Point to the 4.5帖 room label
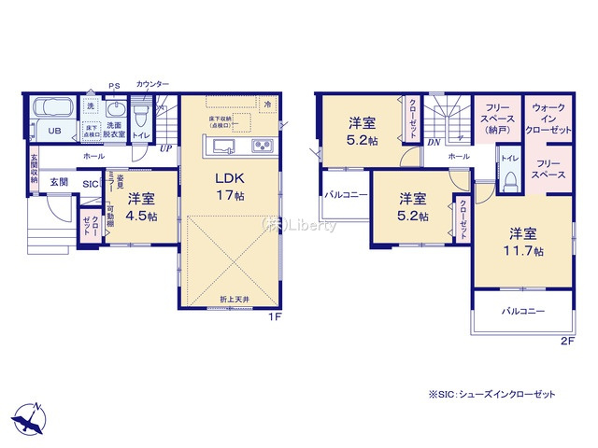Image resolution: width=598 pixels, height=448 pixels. click(141, 206)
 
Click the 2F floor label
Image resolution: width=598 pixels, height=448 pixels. click(566, 341)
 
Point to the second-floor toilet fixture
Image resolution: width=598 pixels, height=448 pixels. click(510, 181)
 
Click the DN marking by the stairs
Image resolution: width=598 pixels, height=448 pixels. click(434, 142)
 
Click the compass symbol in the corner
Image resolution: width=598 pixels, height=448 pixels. click(28, 417)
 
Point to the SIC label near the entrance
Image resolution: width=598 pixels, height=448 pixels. click(90, 184)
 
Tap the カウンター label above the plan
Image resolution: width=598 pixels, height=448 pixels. click(152, 85)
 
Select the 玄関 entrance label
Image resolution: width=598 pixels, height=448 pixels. click(59, 182)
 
